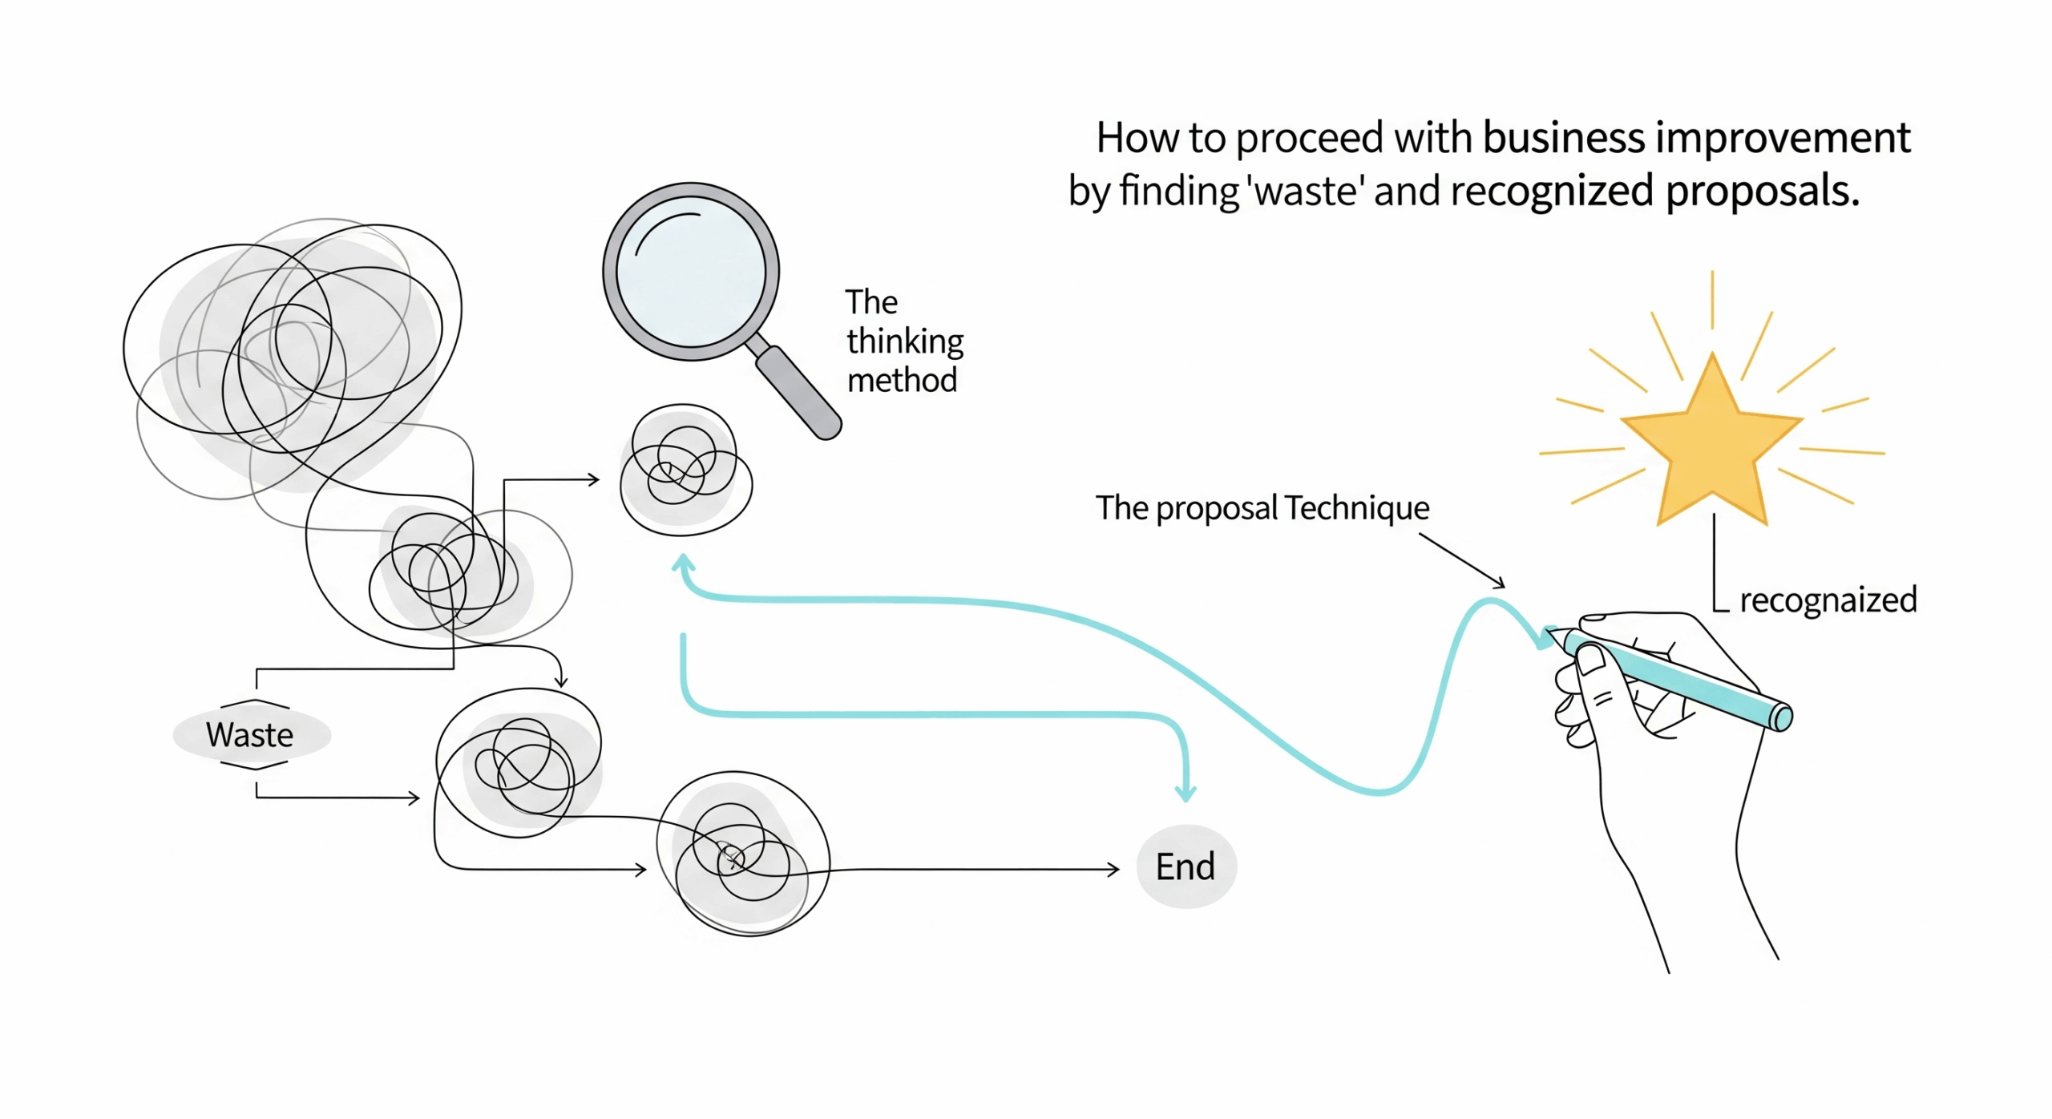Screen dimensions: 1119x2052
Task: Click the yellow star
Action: pos(1711,445)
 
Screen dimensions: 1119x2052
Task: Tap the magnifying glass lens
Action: pos(691,272)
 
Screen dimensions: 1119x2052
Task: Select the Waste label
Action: pos(250,734)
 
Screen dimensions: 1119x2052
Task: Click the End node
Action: pos(1186,867)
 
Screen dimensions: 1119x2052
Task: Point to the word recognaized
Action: pos(1828,600)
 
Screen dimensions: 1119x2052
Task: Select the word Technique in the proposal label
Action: pos(1357,507)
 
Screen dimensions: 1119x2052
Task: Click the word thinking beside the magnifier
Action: pos(905,341)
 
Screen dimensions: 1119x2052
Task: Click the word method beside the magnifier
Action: pos(902,380)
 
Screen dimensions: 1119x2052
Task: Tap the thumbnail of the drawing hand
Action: pos(1591,660)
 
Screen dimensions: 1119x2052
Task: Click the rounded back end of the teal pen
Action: pos(1780,717)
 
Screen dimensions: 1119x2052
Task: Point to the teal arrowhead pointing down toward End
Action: pos(1186,794)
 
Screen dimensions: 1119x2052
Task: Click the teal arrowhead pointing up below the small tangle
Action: pos(683,563)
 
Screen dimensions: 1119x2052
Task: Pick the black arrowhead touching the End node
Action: pos(1113,869)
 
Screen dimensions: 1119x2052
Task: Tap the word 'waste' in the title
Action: pos(1306,191)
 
